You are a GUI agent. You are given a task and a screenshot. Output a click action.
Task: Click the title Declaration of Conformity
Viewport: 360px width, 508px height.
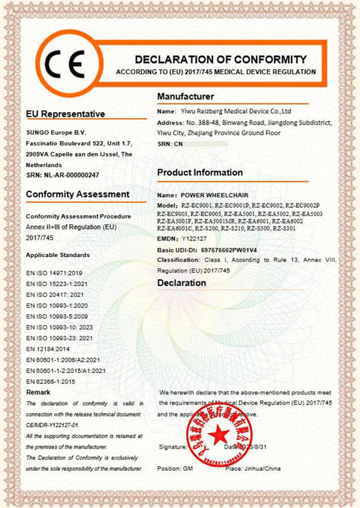coord(220,59)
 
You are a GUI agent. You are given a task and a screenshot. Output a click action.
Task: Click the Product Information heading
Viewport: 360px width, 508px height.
coord(200,172)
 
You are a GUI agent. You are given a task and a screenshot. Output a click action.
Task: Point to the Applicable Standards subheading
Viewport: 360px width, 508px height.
coord(58,254)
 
